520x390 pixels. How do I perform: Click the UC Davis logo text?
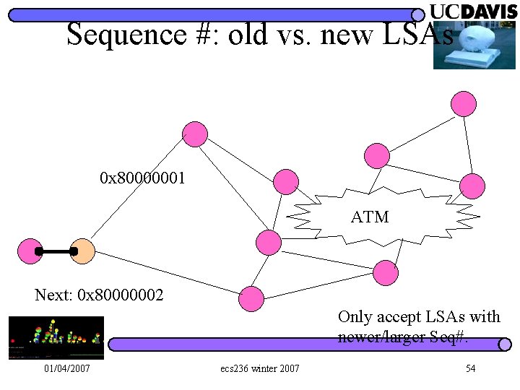[x=474, y=12]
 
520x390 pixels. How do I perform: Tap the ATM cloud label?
[x=370, y=217]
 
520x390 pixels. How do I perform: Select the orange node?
[x=83, y=251]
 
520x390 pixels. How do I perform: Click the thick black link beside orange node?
[x=56, y=251]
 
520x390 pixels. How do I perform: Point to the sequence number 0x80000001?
[x=143, y=177]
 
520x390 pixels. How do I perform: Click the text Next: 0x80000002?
[x=99, y=295]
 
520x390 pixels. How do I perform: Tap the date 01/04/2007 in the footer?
[x=67, y=369]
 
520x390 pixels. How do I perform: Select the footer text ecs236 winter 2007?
[x=260, y=369]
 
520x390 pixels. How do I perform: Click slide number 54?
[x=470, y=369]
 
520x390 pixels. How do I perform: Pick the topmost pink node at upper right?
[x=464, y=104]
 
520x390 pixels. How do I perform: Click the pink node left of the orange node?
[x=30, y=251]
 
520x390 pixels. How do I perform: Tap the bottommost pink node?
[x=251, y=298]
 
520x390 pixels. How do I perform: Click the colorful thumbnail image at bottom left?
[x=56, y=337]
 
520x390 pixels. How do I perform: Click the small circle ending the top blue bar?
[x=418, y=14]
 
